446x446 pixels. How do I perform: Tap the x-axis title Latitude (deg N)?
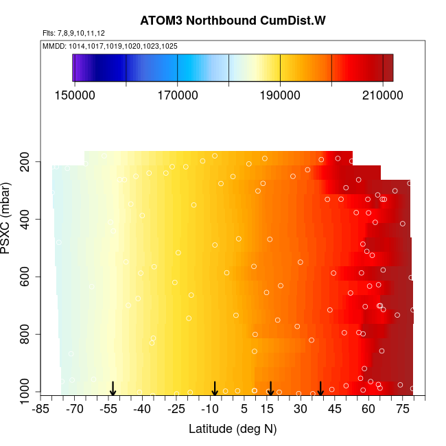[x=233, y=429]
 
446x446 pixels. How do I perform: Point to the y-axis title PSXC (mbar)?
[x=8, y=218]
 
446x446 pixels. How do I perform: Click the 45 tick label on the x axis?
[x=333, y=410]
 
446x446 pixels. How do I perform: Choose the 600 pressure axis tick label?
[x=28, y=277]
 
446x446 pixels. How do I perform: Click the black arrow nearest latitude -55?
[x=113, y=389]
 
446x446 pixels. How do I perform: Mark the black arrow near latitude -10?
[x=215, y=389]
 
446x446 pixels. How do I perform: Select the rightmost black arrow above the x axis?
[x=320, y=389]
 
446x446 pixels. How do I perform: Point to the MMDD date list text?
[x=110, y=46]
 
